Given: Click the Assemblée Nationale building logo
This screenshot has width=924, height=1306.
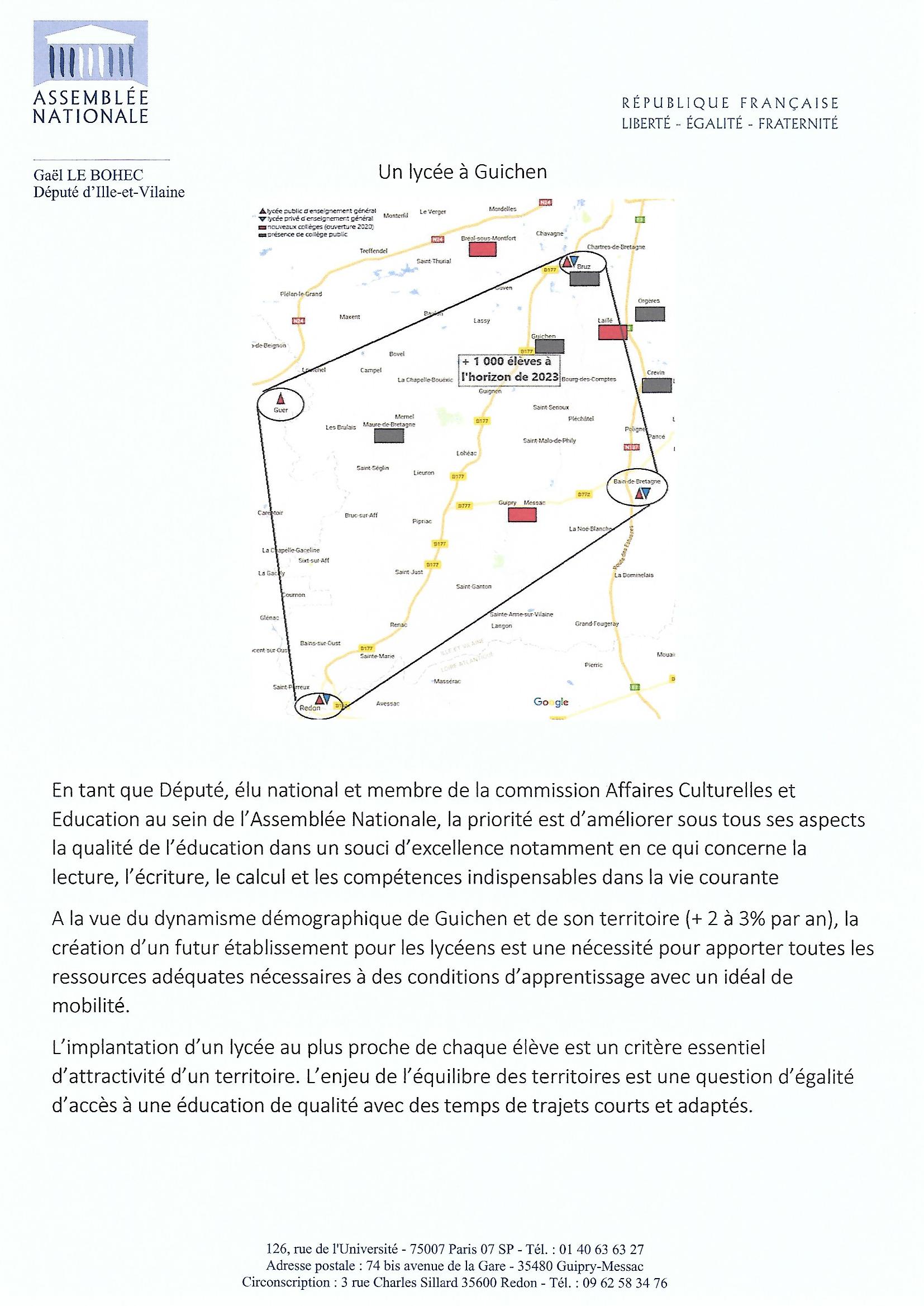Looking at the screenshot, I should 91,54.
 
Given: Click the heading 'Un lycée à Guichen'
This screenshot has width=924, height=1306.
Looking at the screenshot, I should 462,173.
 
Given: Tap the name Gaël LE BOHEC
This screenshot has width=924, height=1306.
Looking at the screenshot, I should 88,176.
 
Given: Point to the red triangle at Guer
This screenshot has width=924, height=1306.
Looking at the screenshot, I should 280,398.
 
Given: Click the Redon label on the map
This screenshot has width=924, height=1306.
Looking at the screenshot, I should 310,708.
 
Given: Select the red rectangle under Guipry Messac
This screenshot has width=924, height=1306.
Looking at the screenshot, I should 522,515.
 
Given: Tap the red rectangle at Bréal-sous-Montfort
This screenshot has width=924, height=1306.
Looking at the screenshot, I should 482,250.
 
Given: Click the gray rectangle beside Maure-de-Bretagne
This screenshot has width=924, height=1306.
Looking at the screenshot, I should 389,436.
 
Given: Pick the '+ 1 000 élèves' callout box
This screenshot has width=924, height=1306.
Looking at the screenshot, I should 509,370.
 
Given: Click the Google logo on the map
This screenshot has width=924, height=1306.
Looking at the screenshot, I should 551,702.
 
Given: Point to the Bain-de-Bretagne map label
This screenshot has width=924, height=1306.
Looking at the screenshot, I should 637,481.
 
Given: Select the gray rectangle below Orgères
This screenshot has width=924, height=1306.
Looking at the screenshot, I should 650,314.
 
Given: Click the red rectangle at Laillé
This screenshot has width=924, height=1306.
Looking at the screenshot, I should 613,332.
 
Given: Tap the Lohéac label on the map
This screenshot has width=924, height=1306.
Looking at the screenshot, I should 466,454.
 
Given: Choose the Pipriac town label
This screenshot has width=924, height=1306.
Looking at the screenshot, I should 422,521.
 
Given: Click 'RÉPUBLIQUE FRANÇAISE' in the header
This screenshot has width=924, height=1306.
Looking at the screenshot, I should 730,103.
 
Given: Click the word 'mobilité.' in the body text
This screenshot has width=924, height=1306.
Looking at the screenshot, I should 91,1006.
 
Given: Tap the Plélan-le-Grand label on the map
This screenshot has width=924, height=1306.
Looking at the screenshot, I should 301,294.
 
